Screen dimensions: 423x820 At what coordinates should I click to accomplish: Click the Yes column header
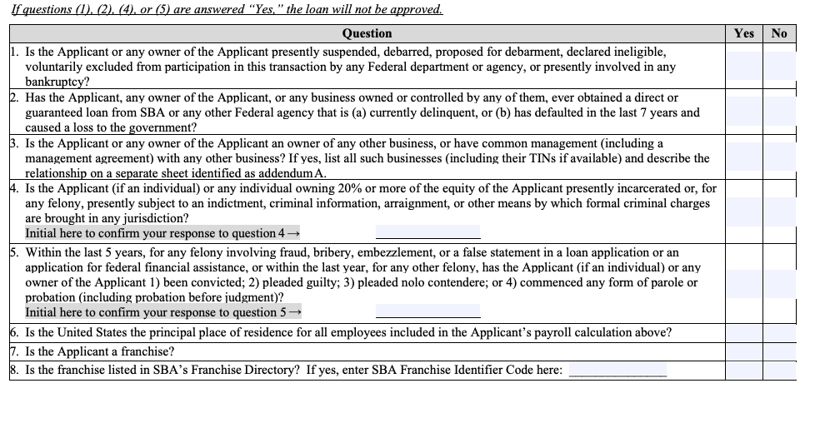(x=744, y=33)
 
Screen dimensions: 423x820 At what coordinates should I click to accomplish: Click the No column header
(x=779, y=33)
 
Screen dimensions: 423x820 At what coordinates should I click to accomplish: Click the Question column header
(x=367, y=33)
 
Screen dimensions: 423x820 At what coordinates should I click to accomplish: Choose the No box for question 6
(x=779, y=332)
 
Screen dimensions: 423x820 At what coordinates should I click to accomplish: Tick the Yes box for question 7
(x=744, y=351)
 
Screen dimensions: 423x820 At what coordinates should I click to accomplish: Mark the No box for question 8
(x=779, y=370)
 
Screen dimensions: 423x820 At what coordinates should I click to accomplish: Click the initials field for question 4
(x=427, y=232)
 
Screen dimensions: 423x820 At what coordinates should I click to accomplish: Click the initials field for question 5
(x=427, y=311)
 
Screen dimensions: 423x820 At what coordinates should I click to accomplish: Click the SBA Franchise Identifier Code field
(x=617, y=370)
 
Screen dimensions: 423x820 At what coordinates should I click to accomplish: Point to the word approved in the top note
(x=413, y=10)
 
